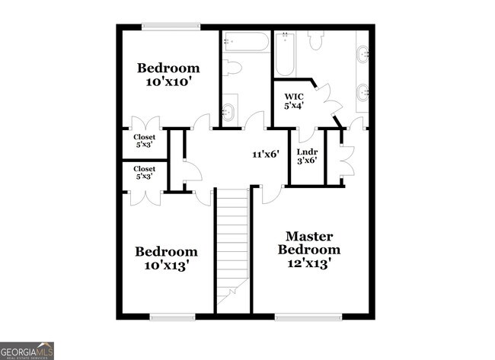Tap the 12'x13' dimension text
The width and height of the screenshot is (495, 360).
[x=308, y=263]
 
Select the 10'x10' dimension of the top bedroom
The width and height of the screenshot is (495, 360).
[x=168, y=82]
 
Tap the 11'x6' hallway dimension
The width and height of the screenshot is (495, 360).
[x=266, y=155]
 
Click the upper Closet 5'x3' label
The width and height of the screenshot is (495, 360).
[x=145, y=141]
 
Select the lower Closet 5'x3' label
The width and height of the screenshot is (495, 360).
[x=145, y=172]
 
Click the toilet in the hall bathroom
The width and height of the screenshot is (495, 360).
[x=232, y=68]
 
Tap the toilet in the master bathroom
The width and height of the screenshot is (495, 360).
[x=315, y=41]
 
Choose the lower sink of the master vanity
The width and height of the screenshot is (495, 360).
[x=363, y=93]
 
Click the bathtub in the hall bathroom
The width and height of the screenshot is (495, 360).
[x=245, y=42]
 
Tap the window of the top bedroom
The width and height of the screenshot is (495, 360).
[x=171, y=27]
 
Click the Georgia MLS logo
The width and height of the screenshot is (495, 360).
[x=27, y=350]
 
